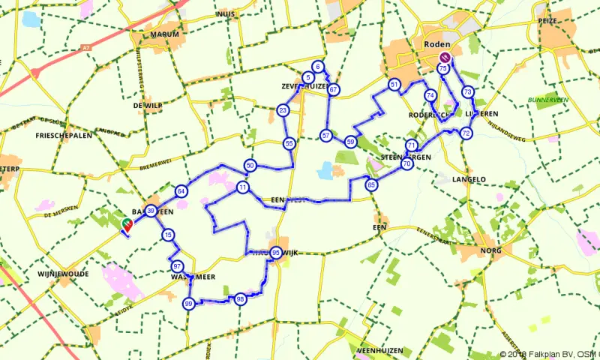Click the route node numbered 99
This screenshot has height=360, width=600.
point(188,303)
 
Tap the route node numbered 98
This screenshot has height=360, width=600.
point(240,299)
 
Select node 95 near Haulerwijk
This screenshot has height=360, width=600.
point(277,253)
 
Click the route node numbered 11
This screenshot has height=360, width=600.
point(242,187)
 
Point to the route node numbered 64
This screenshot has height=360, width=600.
point(181,191)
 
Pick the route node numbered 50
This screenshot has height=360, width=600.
point(250,165)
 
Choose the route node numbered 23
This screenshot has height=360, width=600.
point(283,111)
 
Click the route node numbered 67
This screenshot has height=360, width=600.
point(334,90)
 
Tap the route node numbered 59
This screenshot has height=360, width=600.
point(350,142)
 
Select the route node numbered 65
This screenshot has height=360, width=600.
point(370,184)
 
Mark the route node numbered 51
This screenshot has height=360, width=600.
point(394,85)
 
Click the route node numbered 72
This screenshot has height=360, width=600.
point(466,133)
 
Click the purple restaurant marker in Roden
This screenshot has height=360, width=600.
point(445,57)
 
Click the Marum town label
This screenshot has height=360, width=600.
point(165,34)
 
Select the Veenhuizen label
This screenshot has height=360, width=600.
point(380,350)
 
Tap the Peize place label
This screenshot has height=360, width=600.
point(547,21)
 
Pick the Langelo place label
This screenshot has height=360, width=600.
point(470,179)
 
